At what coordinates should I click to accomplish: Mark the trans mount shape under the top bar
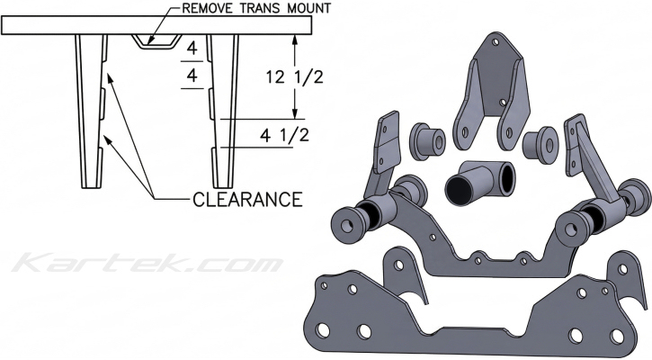tap(156, 41)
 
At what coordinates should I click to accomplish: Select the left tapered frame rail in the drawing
tap(91, 108)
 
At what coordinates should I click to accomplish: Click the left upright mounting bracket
tap(388, 148)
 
